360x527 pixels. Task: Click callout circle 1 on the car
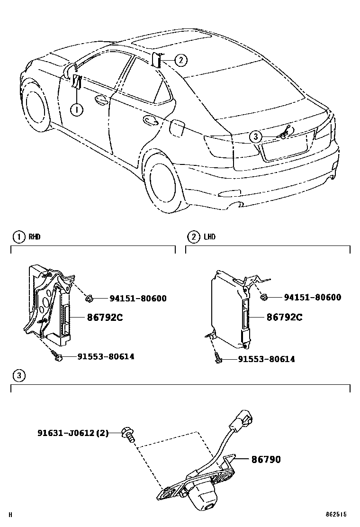pos(77,109)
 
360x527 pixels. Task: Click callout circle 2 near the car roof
pos(180,60)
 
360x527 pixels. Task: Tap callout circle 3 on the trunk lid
pos(256,137)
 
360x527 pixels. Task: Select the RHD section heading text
pos(35,236)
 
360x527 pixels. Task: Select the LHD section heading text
pos(209,236)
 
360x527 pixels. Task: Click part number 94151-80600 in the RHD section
pos(138,299)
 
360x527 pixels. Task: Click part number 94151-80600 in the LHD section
pos(312,298)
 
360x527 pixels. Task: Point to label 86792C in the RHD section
pos(105,318)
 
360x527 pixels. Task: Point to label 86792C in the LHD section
pos(284,317)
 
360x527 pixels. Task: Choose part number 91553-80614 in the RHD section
pos(106,356)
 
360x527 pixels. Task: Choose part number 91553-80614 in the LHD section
pos(266,359)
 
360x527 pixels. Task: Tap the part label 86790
pos(266,459)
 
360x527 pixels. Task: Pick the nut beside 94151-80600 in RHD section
pos(88,298)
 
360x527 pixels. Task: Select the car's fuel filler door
pos(178,127)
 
